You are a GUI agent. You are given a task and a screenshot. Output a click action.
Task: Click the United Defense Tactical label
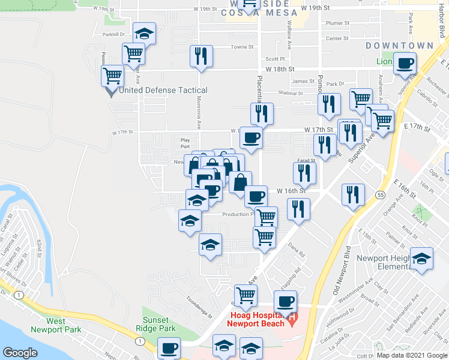coord(163,91)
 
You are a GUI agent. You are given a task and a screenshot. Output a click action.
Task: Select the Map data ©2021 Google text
coord(411,356)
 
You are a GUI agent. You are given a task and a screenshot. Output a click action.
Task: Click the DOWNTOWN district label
coord(399,46)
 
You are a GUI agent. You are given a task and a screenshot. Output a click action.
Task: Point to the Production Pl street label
coord(238,214)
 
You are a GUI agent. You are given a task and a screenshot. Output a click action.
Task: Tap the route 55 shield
coord(381,195)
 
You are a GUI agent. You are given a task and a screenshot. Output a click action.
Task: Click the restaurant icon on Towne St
coord(201,56)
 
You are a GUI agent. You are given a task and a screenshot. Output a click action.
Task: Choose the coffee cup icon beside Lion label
coord(405,62)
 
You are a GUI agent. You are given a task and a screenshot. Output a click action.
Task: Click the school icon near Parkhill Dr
coord(143,33)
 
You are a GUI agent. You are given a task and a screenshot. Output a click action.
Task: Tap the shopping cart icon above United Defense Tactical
coord(112,76)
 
